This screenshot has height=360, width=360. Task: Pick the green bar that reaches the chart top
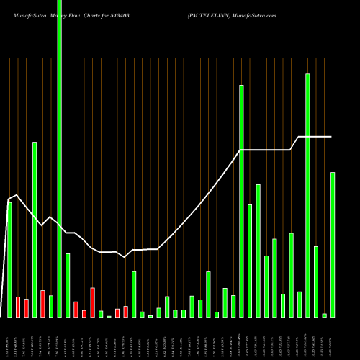(59, 158)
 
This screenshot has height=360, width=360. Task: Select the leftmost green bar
(9, 259)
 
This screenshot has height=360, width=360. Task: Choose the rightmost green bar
(333, 245)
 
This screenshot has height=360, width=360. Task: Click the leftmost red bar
(18, 307)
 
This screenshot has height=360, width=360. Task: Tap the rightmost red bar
(126, 312)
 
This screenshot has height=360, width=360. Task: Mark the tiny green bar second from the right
(325, 315)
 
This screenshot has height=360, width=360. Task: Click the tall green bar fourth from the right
(307, 195)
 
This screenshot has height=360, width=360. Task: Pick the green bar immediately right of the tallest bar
(68, 285)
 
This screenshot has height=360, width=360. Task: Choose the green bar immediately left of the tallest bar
(51, 306)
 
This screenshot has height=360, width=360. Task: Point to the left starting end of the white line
(8, 199)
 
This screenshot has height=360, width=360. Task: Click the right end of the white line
(332, 136)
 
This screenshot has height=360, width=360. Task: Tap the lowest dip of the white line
(125, 257)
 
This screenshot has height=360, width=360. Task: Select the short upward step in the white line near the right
(294, 143)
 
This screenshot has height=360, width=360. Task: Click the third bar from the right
(316, 282)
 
